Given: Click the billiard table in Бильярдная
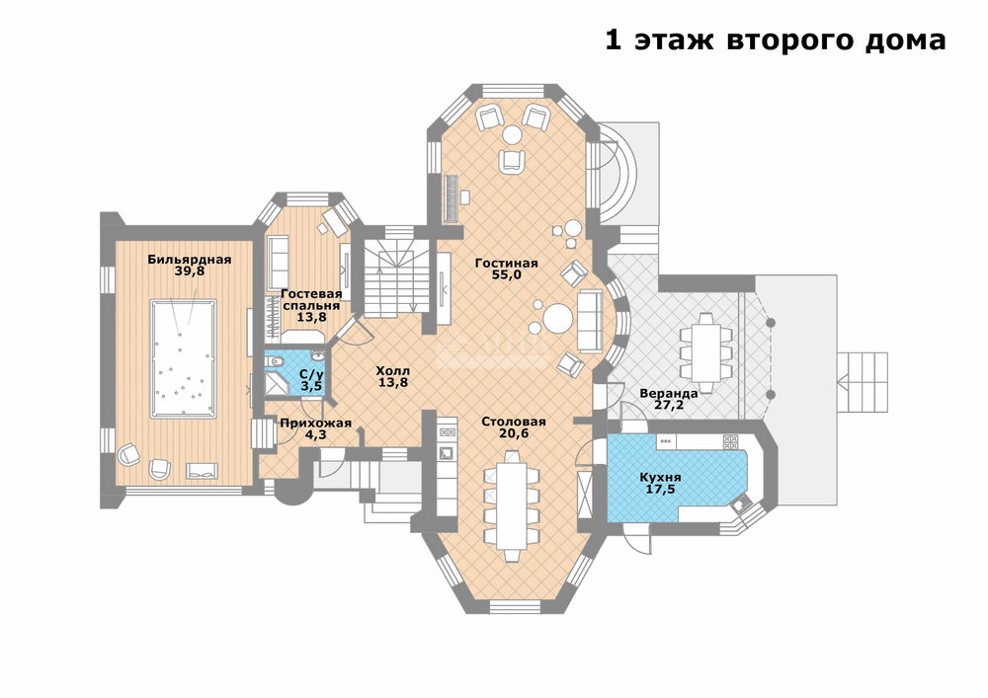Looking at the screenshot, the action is click(x=184, y=358).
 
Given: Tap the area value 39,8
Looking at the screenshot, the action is click(x=190, y=271).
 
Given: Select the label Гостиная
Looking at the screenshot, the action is click(x=507, y=263).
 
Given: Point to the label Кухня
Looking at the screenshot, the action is click(x=660, y=477).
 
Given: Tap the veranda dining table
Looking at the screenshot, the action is click(x=705, y=352).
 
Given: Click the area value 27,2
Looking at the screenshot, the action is click(x=669, y=406).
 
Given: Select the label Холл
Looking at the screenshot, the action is click(x=392, y=370).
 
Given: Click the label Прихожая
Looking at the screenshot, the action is click(x=316, y=423).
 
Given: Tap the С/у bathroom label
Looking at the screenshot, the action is click(x=311, y=374).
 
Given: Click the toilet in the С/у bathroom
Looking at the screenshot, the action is click(x=274, y=362).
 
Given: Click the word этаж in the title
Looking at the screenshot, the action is click(x=674, y=40).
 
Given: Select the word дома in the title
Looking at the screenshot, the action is click(x=904, y=41).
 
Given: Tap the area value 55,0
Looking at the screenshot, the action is click(x=507, y=274).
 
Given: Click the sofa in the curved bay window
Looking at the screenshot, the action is click(x=590, y=320).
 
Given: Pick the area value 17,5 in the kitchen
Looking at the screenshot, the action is click(x=660, y=489).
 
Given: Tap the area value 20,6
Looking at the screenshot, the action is click(x=514, y=433).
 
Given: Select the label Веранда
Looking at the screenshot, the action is click(x=669, y=393).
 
